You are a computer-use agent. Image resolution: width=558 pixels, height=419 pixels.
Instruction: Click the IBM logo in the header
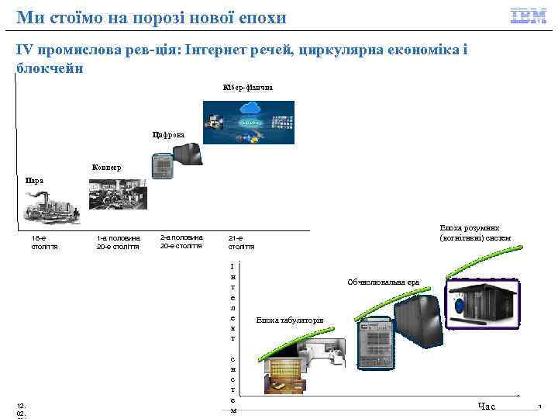click(x=528, y=16)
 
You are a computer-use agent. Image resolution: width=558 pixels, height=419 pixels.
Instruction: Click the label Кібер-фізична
click(x=246, y=87)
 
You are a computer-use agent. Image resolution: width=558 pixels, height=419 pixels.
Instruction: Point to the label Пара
click(x=34, y=181)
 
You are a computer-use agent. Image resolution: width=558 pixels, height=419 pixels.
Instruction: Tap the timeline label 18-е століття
click(x=44, y=242)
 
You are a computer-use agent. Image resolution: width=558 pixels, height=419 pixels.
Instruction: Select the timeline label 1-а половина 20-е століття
click(x=118, y=242)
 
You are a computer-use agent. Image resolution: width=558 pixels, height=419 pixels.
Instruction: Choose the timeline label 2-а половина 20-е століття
click(x=181, y=241)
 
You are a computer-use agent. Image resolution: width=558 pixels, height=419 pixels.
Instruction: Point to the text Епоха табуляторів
click(x=290, y=320)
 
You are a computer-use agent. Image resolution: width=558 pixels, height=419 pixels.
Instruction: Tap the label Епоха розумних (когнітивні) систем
click(x=474, y=233)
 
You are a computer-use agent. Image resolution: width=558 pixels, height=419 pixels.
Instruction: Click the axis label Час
click(x=486, y=406)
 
